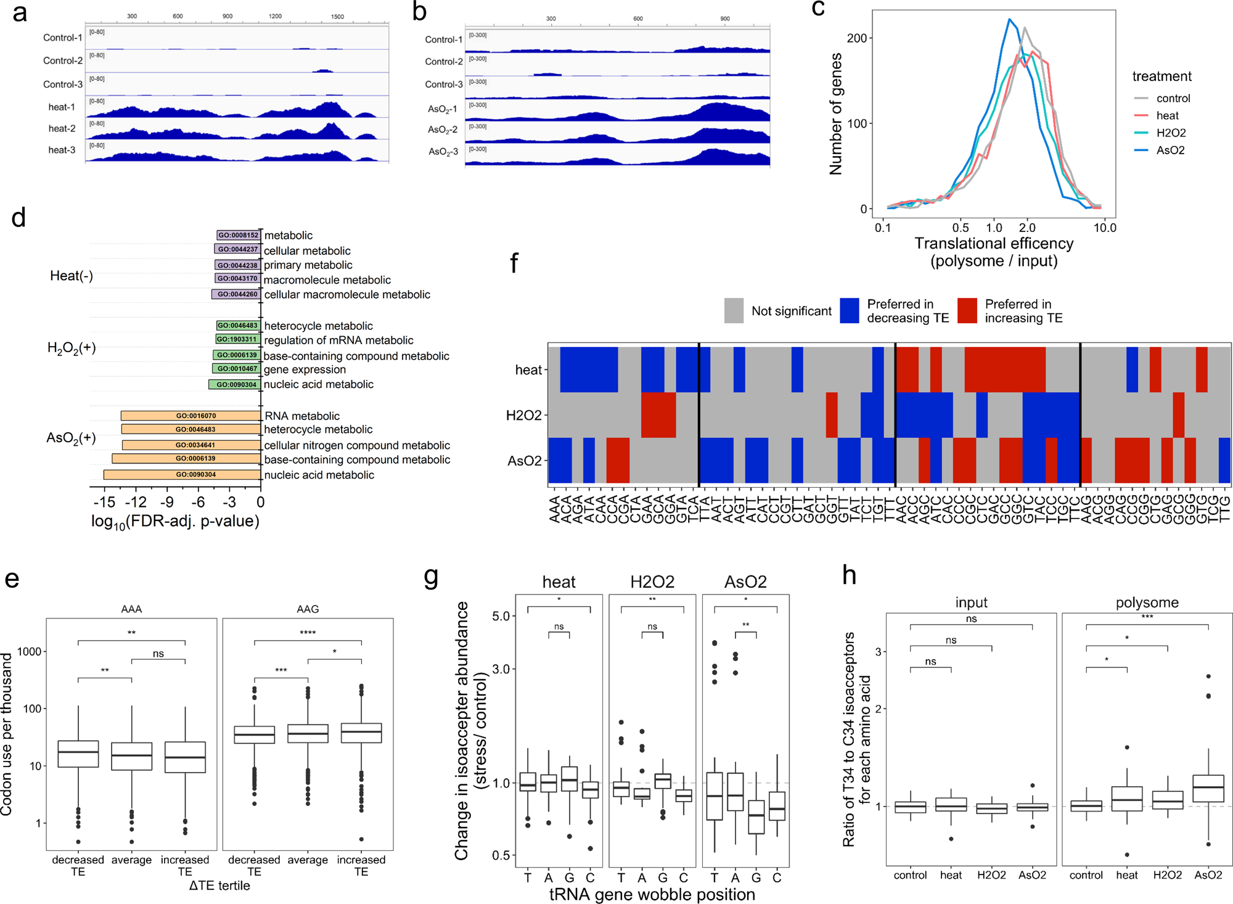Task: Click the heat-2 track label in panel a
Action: point(62,128)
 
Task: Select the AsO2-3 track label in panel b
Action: point(443,151)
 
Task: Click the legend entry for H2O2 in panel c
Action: point(1171,133)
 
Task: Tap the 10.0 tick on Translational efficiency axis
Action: point(1105,228)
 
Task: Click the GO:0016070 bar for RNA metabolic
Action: point(191,416)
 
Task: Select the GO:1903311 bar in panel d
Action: point(237,339)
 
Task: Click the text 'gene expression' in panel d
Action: point(305,369)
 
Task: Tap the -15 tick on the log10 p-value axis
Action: point(104,502)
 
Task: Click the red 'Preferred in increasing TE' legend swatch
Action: point(967,311)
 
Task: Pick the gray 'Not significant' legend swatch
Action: point(734,311)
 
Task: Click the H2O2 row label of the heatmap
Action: point(523,415)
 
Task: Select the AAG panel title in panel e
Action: point(308,609)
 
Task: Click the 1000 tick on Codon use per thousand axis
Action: point(29,651)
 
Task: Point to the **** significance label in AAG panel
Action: point(308,633)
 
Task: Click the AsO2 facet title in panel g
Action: point(745,581)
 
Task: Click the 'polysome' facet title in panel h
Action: point(1147,602)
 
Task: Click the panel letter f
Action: point(514,263)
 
